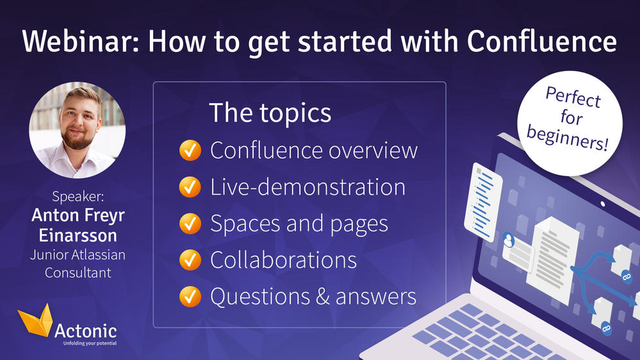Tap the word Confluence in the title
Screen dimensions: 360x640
(541, 42)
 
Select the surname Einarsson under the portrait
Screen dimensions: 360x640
(78, 235)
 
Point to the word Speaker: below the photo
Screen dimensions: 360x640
(78, 195)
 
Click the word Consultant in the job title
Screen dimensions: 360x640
(78, 272)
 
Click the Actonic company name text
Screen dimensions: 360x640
(86, 331)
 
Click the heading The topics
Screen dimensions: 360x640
(270, 113)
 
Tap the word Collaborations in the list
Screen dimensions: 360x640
(283, 260)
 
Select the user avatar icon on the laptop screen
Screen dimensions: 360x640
(511, 240)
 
